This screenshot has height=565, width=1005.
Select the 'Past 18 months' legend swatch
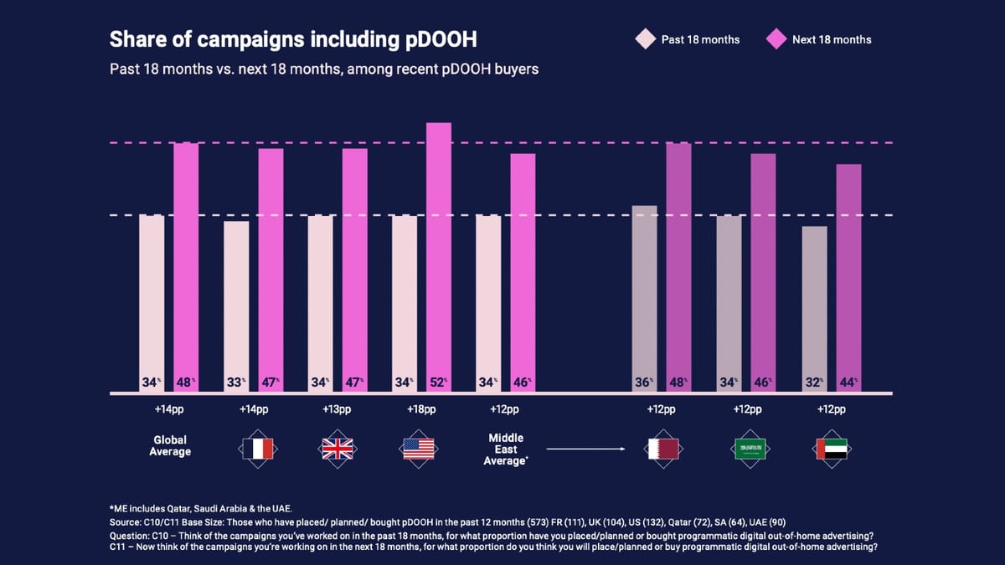tap(645, 39)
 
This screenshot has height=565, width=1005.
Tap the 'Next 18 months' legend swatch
tap(776, 39)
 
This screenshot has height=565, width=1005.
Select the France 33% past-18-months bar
tap(236, 306)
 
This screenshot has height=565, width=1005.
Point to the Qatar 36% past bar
tap(644, 298)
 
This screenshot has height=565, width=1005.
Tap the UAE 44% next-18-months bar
tap(848, 277)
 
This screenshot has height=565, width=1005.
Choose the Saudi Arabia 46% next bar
tap(763, 272)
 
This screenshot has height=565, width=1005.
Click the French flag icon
tap(257, 449)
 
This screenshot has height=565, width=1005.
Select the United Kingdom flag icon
tap(338, 449)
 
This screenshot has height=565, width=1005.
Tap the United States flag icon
tap(419, 449)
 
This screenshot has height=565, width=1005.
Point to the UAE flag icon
tap(831, 449)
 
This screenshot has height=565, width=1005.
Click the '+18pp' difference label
tap(420, 409)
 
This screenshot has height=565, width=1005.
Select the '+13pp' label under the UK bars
tap(338, 409)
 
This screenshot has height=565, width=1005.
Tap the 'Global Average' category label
tap(170, 445)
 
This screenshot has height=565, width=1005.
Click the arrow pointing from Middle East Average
tap(587, 449)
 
